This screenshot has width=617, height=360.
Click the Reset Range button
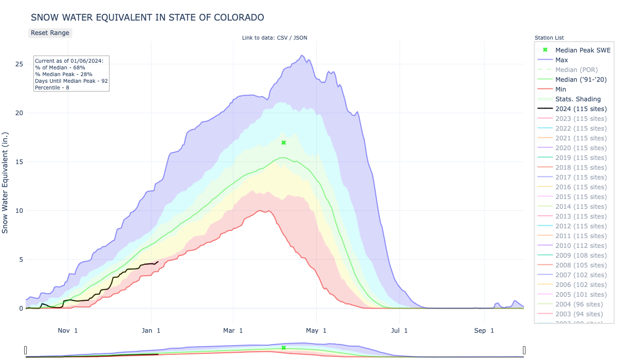tap(50, 32)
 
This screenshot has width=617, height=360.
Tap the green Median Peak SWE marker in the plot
tap(283, 142)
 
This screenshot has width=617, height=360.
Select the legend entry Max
tap(561, 60)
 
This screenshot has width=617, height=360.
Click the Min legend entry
tap(561, 89)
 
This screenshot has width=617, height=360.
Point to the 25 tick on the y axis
tap(19, 64)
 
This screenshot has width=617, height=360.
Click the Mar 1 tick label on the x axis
tap(234, 331)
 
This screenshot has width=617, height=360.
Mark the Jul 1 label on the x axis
tap(399, 331)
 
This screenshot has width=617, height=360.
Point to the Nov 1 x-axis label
tap(68, 331)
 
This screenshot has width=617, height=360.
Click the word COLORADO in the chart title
tap(237, 17)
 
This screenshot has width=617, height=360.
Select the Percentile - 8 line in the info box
tap(52, 87)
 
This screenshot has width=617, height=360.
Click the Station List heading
tap(549, 38)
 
